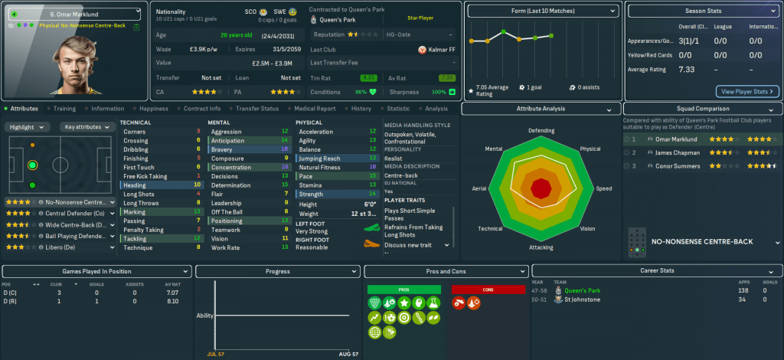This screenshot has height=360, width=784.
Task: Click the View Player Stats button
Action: (x=747, y=91)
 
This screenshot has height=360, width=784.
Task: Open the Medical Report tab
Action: (x=315, y=109)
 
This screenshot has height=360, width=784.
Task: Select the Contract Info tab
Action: (x=202, y=109)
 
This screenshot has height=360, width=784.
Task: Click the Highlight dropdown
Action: (x=28, y=127)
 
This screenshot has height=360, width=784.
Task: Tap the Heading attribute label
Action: (x=135, y=185)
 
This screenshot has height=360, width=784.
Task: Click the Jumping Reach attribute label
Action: (x=321, y=159)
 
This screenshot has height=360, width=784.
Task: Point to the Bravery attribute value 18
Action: (x=284, y=149)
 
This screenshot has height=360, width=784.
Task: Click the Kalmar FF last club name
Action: (x=443, y=49)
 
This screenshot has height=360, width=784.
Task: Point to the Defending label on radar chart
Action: (x=541, y=131)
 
